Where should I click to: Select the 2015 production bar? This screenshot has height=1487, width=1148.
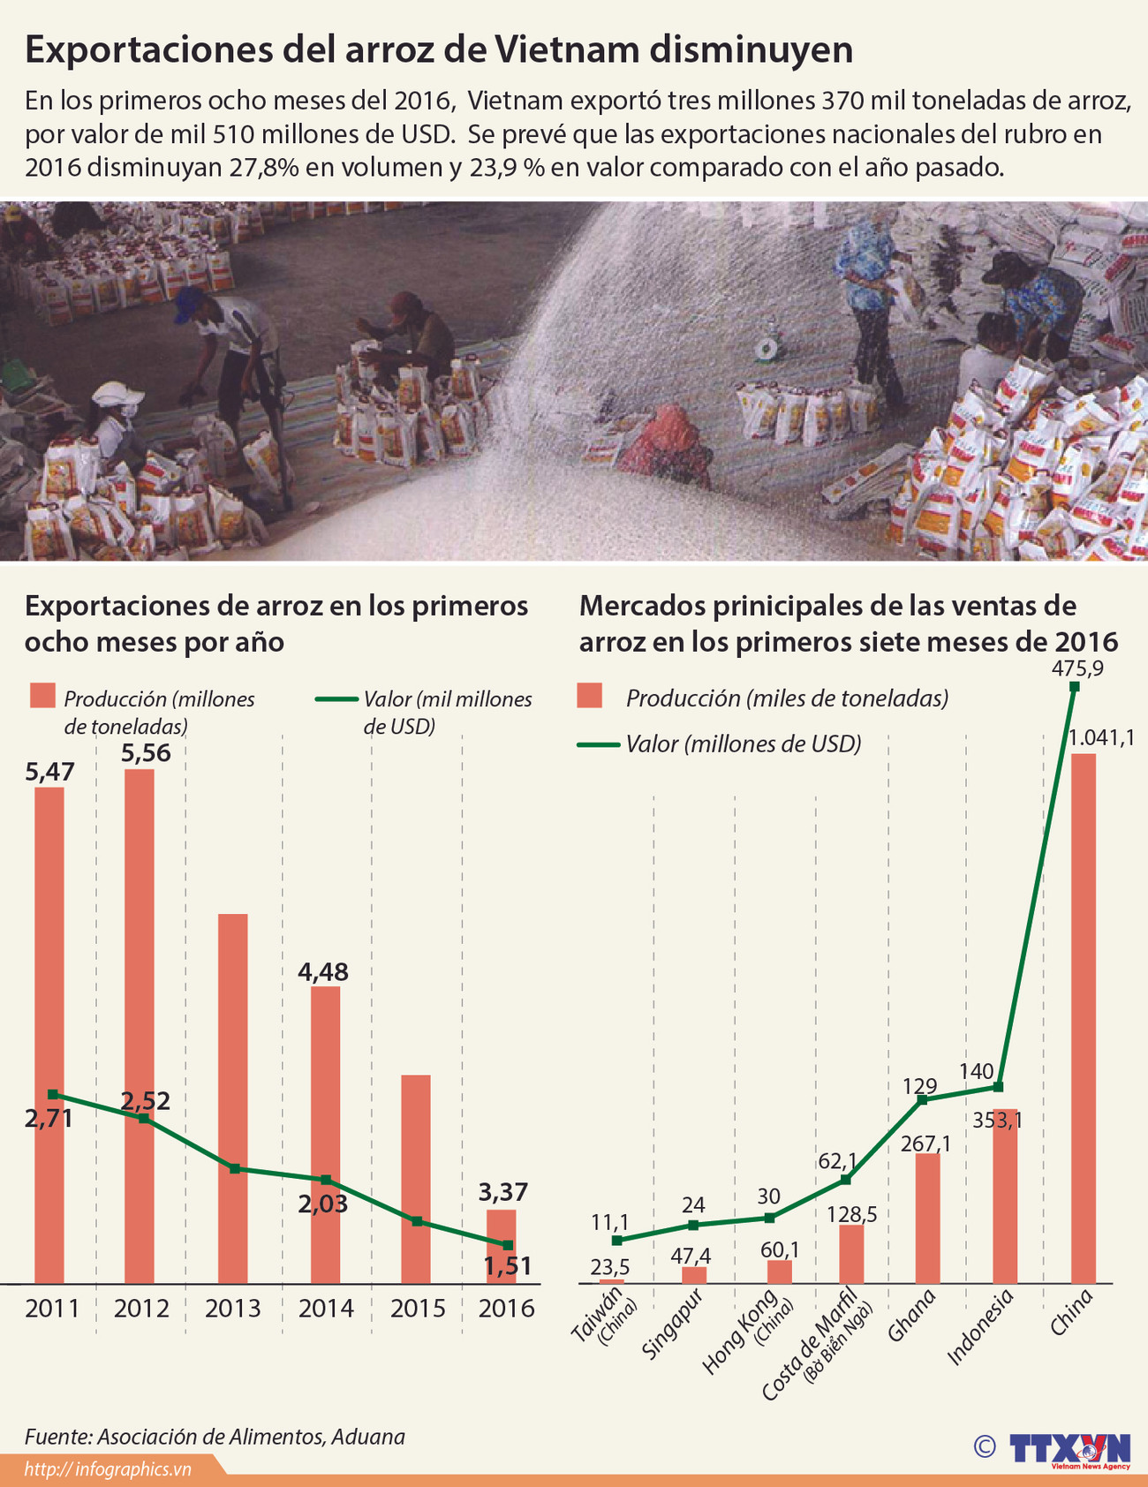[x=416, y=1178]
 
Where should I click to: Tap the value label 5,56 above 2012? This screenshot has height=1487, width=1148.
[x=146, y=753]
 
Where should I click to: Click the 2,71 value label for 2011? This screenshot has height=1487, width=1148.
[x=49, y=1119]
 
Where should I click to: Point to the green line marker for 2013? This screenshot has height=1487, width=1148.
[x=235, y=1168]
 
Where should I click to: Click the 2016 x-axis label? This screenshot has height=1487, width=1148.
[x=506, y=1308]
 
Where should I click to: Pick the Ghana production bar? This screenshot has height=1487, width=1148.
[x=927, y=1218]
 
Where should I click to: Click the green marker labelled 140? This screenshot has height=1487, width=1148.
[x=998, y=1086]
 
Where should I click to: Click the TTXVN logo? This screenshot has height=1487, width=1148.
[x=1069, y=1448]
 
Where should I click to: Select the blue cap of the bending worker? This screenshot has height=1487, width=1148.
[x=188, y=303]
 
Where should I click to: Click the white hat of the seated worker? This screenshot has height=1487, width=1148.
[x=117, y=393]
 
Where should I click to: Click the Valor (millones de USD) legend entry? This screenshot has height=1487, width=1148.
[x=743, y=743]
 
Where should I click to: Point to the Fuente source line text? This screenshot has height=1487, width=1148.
[x=215, y=1437]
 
